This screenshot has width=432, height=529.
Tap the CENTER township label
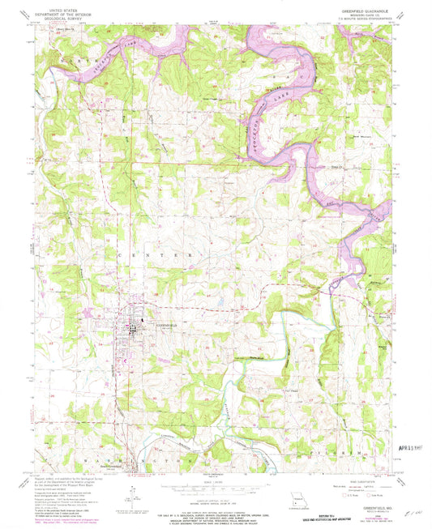156,254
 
